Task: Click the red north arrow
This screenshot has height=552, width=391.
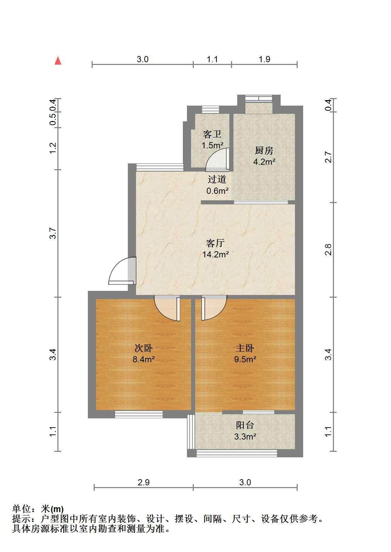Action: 58,60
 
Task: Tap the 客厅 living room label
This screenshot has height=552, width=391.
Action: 215,243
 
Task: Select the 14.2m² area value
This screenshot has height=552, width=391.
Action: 216,254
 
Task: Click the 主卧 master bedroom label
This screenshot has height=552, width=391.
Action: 245,348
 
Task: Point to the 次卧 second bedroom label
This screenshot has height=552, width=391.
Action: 144,348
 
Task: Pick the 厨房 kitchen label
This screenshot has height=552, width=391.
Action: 264,151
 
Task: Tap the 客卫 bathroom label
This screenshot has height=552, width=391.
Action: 212,134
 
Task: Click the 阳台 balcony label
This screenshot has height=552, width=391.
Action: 245,425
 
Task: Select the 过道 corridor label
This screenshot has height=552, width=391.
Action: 217,179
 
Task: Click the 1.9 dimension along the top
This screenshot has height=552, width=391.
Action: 264,59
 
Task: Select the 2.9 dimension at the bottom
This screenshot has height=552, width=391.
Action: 144,483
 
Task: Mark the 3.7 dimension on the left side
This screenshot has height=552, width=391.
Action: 53,233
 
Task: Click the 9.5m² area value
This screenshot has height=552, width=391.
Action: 245,359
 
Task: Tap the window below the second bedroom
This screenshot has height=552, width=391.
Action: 139,414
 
